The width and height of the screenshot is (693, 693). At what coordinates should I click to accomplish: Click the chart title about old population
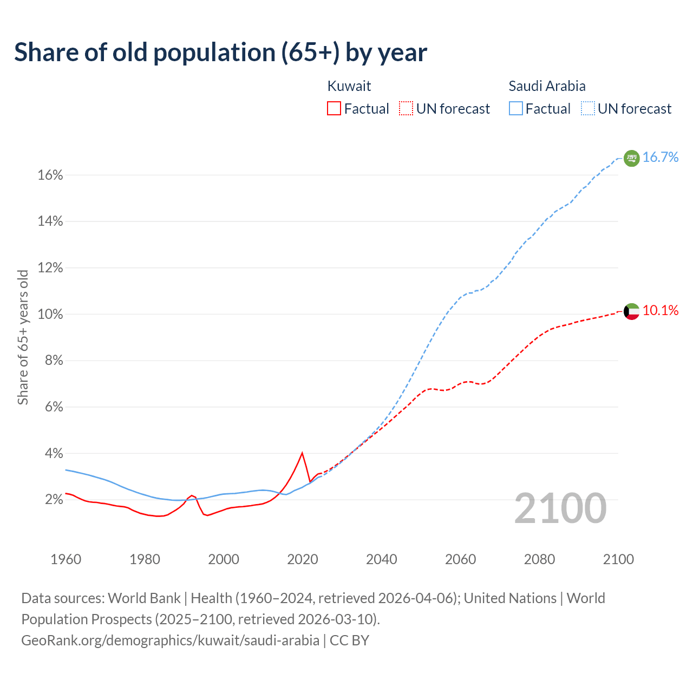pyautogui.click(x=220, y=53)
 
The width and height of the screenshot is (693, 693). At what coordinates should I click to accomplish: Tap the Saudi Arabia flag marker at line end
pyautogui.click(x=631, y=158)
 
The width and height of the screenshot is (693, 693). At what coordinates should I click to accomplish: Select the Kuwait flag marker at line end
pyautogui.click(x=631, y=311)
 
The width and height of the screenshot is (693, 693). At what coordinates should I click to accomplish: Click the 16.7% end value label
pyautogui.click(x=661, y=158)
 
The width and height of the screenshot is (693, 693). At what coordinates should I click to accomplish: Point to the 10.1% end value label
pyautogui.click(x=661, y=311)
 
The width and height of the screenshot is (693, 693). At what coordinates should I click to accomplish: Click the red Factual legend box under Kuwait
pyautogui.click(x=334, y=109)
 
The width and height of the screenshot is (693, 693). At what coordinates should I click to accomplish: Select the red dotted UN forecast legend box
pyautogui.click(x=406, y=109)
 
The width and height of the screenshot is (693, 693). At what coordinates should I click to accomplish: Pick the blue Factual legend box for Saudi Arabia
pyautogui.click(x=515, y=109)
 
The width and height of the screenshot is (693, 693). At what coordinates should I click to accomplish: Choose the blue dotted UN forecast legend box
pyautogui.click(x=587, y=109)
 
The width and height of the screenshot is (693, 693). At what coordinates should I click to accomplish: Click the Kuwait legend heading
pyautogui.click(x=349, y=86)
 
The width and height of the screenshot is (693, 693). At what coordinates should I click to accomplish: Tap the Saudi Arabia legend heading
pyautogui.click(x=547, y=86)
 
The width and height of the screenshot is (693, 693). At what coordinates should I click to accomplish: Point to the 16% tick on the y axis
pyautogui.click(x=50, y=175)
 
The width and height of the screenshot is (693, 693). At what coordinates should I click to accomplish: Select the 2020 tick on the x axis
pyautogui.click(x=302, y=559)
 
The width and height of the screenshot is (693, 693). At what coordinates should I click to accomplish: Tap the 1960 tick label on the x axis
pyautogui.click(x=66, y=559)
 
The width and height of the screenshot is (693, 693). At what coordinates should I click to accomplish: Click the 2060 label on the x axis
pyautogui.click(x=460, y=559)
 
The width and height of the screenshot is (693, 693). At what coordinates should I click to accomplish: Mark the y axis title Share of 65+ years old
pyautogui.click(x=23, y=337)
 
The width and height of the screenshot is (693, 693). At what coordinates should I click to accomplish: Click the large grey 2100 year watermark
pyautogui.click(x=560, y=508)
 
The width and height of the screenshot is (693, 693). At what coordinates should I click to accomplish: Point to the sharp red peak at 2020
pyautogui.click(x=302, y=453)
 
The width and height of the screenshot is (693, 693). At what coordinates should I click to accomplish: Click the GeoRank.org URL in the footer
pyautogui.click(x=170, y=640)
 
